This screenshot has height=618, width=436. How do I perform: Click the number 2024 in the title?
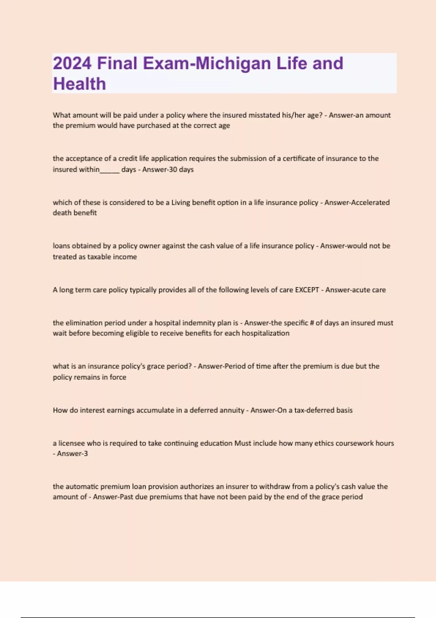[x=72, y=63]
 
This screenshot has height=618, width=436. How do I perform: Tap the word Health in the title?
[x=80, y=84]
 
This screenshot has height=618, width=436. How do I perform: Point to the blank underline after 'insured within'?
[x=109, y=170]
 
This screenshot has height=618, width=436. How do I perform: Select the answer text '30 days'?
[x=180, y=169]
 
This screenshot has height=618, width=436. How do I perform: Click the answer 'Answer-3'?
[x=72, y=454]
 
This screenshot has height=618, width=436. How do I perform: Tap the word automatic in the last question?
[x=82, y=486]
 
